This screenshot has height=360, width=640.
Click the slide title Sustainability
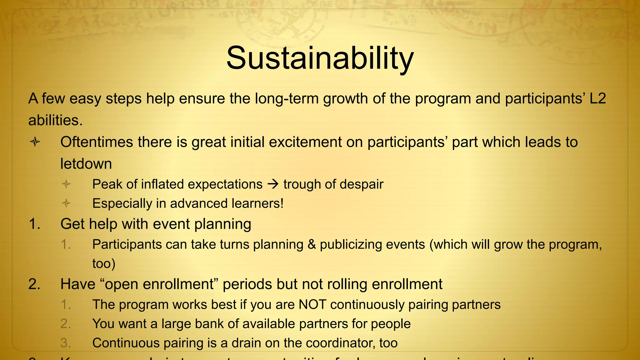coord(320,58)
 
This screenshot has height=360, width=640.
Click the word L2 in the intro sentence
coord(597,99)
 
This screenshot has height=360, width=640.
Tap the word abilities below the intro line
coord(55,121)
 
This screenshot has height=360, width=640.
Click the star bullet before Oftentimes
coord(35,142)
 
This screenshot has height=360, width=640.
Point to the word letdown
coord(86,164)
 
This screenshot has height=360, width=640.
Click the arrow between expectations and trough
coord(273,184)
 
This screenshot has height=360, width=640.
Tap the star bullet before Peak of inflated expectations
coord(66,184)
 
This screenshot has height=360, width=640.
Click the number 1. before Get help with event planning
coord(34,224)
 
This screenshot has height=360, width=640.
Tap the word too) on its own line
coord(104,264)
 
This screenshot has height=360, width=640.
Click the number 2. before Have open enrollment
coord(34,284)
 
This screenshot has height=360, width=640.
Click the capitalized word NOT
coord(312,305)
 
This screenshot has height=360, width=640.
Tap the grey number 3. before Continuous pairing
coord(66,343)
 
